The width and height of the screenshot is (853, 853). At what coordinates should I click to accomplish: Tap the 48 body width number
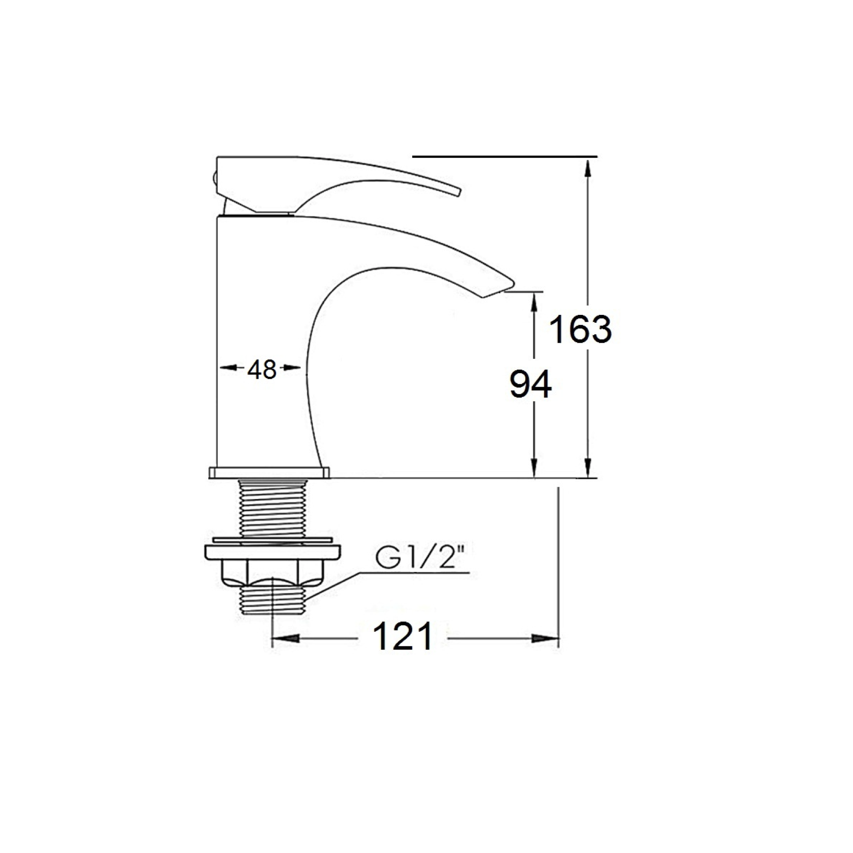tap(262, 369)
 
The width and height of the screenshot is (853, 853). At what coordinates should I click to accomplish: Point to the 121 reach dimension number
tap(403, 636)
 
